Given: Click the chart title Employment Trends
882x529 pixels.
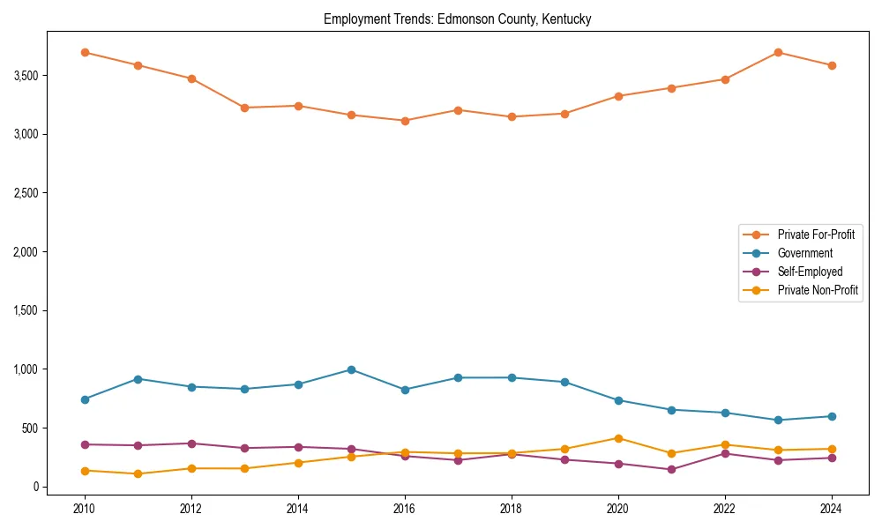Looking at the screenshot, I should (x=457, y=19).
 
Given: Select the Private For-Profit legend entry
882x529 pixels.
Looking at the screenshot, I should (x=816, y=235).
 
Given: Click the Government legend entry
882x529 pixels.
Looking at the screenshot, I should (x=804, y=253).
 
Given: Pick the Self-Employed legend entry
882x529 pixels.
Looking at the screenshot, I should (x=810, y=272).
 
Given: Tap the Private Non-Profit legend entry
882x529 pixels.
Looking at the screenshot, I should (x=818, y=290).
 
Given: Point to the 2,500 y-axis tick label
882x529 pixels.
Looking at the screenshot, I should (x=23, y=193).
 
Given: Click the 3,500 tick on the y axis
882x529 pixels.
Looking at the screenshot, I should (x=23, y=76).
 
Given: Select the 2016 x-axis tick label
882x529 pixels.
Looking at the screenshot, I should (x=404, y=509).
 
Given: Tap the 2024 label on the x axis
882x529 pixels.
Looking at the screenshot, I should (x=831, y=509).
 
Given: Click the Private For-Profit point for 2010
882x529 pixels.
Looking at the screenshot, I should (x=85, y=52).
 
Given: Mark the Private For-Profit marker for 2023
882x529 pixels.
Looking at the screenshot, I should (x=778, y=52).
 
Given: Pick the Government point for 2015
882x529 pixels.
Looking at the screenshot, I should (x=351, y=369).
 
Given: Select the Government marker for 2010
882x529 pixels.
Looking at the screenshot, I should (x=85, y=399).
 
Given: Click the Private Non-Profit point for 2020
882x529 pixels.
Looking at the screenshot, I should (x=618, y=438).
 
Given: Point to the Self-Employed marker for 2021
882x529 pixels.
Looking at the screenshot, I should (x=671, y=469).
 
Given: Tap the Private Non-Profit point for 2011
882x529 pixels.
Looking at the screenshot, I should (x=138, y=473).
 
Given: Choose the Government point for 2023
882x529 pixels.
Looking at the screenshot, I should (x=778, y=420).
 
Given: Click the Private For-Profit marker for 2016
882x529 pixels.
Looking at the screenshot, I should (x=404, y=121).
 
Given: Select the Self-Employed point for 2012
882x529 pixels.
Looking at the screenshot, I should (x=191, y=443).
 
